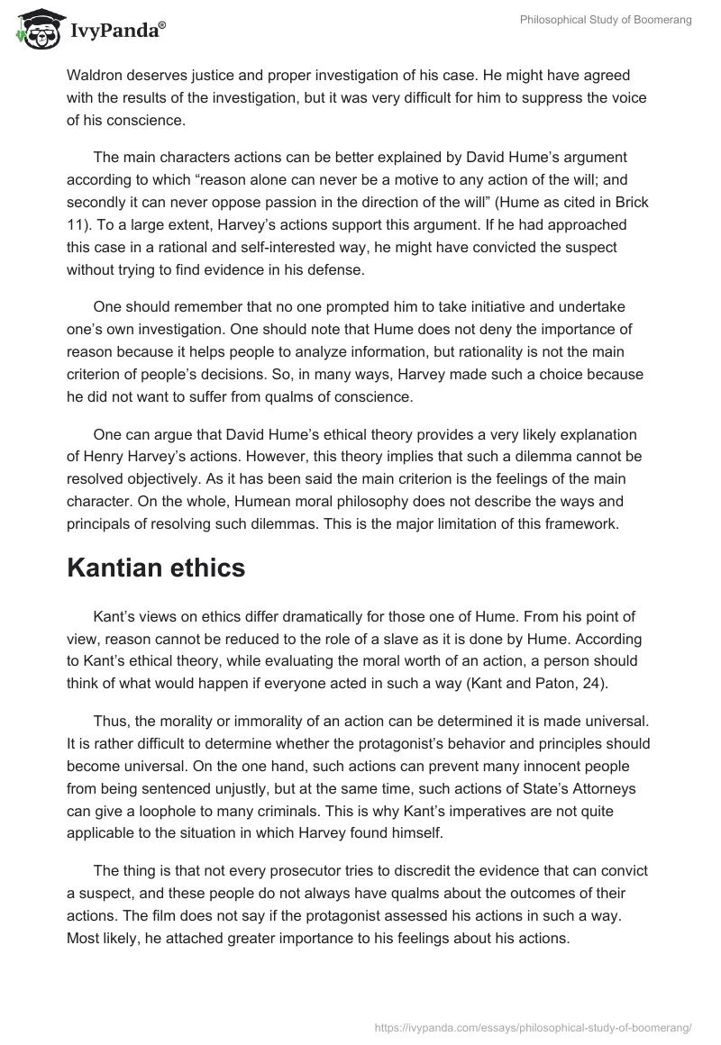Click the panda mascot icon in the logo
click(x=33, y=30)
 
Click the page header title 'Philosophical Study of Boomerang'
click(x=606, y=20)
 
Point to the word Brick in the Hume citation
click(x=626, y=204)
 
